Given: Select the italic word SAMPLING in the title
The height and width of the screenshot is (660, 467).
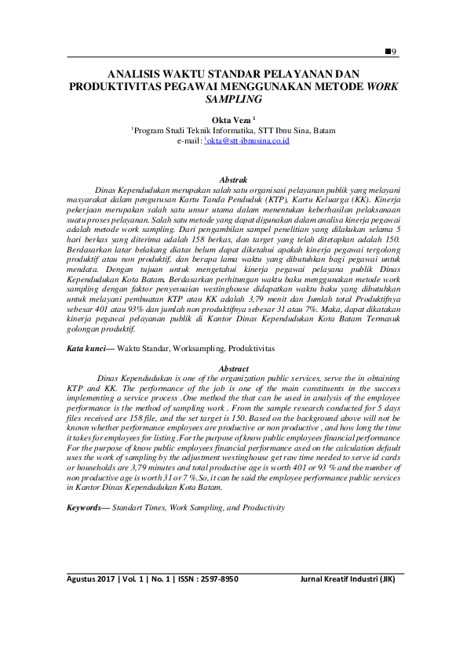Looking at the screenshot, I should tap(233, 100).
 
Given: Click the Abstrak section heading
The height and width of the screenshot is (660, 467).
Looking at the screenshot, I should tap(234, 180).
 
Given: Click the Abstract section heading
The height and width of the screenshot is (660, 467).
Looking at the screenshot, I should tap(234, 368).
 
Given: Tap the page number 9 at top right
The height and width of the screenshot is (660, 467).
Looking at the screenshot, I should tap(394, 51).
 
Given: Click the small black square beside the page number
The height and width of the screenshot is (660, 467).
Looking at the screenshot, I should tap(387, 51).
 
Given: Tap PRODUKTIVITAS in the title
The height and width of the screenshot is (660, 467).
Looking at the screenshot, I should tap(115, 86).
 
